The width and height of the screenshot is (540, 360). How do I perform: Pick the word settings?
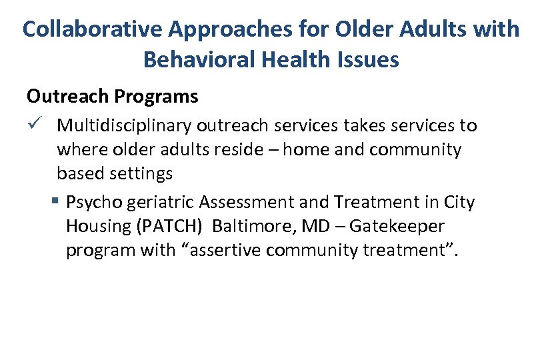pos(141,174)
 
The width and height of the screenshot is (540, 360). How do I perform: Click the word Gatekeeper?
pos(397,226)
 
